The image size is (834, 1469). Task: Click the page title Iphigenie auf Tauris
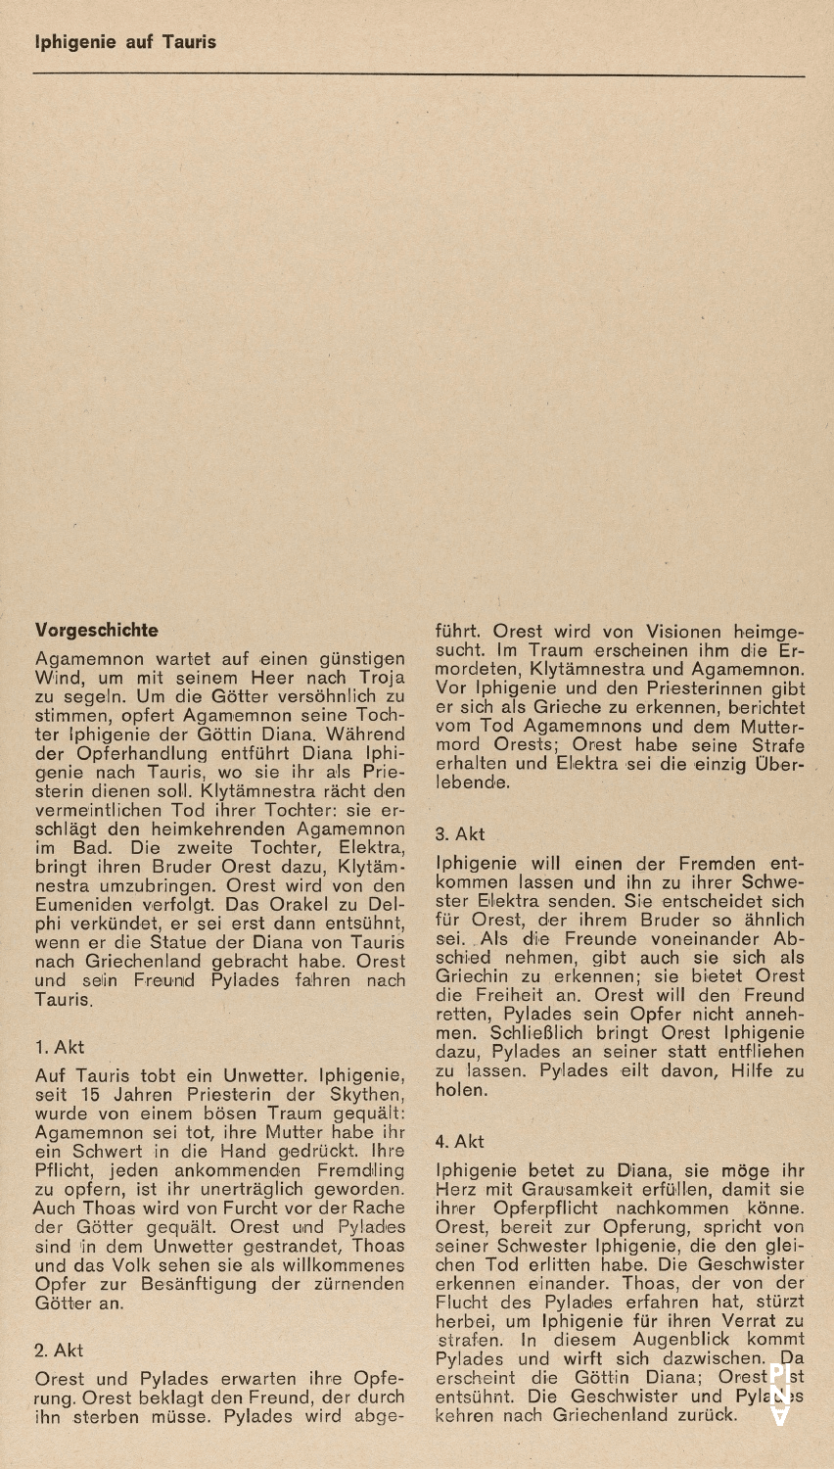125,42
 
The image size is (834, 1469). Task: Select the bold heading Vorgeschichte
96,628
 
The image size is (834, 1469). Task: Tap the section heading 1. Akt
59,1048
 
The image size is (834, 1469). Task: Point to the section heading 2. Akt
59,1351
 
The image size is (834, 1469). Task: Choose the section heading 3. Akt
460,834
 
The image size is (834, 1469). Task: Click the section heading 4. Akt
460,1141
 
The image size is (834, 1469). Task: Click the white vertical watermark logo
779,1395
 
